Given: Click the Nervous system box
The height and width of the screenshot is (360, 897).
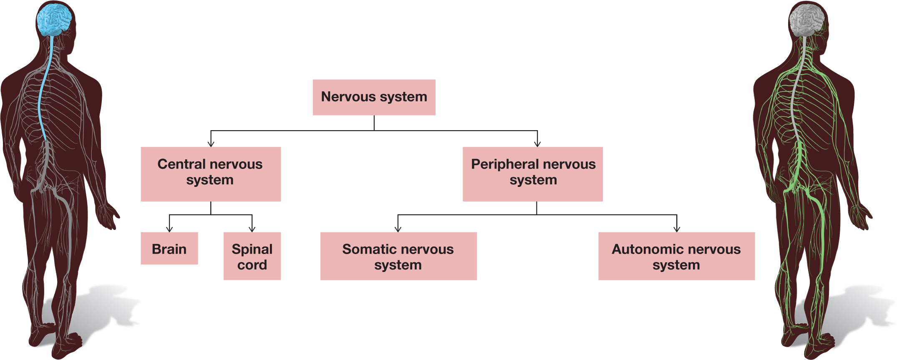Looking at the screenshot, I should coord(374,97).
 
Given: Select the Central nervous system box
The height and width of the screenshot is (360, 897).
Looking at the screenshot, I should coord(211,174).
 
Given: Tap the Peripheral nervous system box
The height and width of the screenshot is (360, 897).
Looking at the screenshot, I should coord(532,174).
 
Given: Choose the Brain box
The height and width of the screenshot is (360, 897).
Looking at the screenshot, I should coord(169,249).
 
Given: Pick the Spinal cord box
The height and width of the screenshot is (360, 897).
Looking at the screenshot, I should coord(252,256).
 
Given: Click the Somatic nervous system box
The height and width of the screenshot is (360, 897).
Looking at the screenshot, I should coord(398,256).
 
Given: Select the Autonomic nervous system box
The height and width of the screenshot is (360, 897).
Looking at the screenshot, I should coord(676,256).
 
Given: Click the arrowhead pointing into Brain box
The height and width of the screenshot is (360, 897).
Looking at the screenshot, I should coord(169,229).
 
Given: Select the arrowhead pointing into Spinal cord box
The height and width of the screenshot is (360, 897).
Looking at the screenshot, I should coord(252,229).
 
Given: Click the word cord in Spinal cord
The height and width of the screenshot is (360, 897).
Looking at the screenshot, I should coord(252,265).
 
